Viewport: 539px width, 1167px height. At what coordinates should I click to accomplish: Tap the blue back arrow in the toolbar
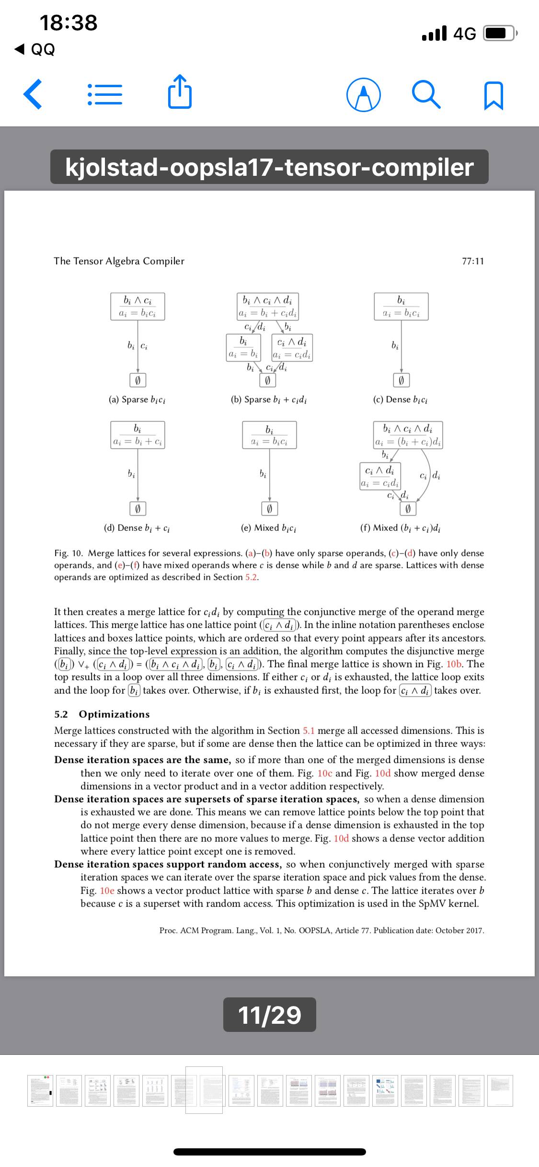tap(33, 95)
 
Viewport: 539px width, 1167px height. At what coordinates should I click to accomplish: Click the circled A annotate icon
tap(364, 95)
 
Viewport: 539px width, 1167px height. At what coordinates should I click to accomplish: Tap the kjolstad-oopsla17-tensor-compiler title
tap(269, 167)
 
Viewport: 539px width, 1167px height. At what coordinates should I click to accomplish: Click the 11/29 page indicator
tap(269, 1015)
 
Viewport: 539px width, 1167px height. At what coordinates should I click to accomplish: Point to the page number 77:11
tap(473, 261)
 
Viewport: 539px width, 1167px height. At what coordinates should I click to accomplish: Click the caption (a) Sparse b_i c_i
tap(138, 400)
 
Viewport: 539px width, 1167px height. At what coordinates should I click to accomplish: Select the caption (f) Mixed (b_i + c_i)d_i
tap(401, 528)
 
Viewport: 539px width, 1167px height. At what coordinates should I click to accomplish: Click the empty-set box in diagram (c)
tap(401, 380)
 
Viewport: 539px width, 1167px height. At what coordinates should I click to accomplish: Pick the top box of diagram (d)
tap(138, 435)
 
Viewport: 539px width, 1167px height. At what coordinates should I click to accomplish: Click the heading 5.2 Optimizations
tap(102, 714)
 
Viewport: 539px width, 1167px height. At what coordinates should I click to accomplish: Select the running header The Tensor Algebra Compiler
tap(119, 261)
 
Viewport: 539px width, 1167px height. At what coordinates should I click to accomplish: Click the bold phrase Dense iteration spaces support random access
tap(167, 864)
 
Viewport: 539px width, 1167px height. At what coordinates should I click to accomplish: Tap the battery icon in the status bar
tap(500, 34)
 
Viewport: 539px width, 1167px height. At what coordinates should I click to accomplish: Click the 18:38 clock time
tap(69, 23)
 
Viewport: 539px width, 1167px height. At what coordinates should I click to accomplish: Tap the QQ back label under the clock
tap(36, 49)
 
